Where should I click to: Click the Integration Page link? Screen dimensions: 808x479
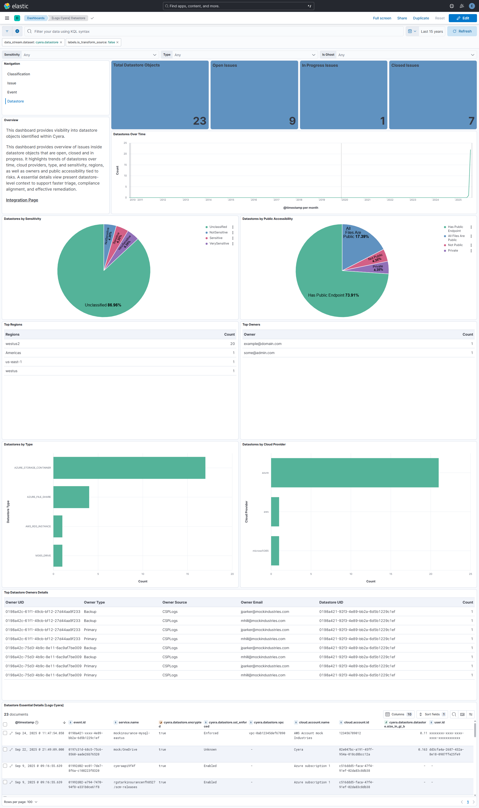(22, 200)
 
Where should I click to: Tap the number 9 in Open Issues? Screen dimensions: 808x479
(292, 121)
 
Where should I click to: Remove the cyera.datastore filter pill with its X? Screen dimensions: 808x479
(61, 42)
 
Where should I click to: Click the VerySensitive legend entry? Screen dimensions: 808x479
(219, 243)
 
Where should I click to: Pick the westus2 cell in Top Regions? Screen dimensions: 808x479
(13, 344)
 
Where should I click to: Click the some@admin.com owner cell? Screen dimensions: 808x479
(259, 353)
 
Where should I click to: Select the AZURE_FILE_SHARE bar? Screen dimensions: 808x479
(71, 497)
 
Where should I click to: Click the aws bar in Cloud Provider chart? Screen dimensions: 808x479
(275, 512)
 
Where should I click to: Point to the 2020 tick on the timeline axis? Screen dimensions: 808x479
(345, 200)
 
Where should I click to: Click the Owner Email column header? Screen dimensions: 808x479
(251, 602)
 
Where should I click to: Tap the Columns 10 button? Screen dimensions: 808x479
(398, 714)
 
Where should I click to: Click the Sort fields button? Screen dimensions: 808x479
(432, 714)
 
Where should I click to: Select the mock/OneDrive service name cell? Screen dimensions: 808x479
(125, 749)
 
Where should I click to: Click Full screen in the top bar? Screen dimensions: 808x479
(382, 18)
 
